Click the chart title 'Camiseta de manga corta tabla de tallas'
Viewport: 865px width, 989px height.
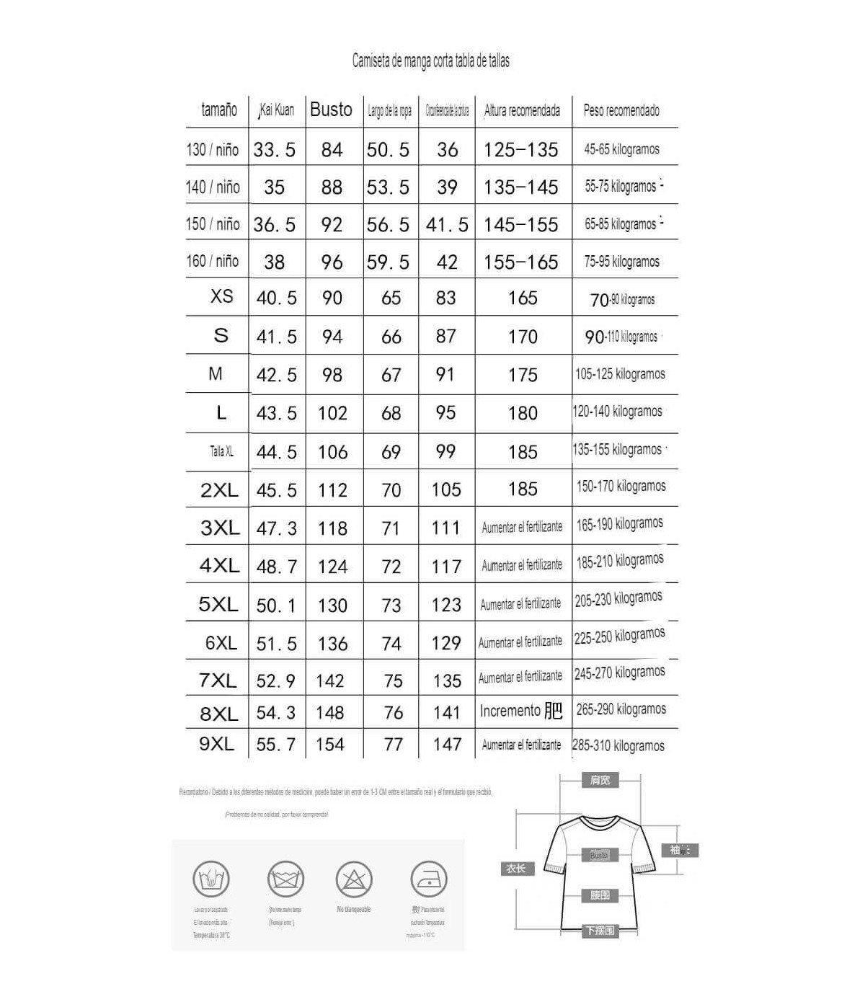430,61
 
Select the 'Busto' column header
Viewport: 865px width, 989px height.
331,110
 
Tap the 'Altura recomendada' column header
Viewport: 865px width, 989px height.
522,110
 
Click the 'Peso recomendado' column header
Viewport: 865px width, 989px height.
621,110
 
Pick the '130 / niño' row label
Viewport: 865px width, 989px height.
212,149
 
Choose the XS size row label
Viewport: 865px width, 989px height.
221,296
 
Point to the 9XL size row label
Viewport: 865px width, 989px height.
216,743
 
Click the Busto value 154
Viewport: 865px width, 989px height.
330,744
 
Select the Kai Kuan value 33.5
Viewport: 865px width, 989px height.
274,150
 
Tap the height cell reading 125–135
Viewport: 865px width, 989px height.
520,150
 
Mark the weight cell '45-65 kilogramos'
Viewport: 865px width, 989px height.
621,149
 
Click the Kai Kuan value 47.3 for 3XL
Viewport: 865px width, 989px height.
276,528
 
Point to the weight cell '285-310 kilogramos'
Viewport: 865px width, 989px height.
618,745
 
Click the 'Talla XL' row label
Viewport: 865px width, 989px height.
221,451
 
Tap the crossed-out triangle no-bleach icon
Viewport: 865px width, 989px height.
354,879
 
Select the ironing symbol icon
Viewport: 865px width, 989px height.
428,879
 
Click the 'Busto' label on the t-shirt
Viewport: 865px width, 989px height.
600,855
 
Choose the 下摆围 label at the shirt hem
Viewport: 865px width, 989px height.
600,931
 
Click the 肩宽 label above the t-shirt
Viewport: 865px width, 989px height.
600,780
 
